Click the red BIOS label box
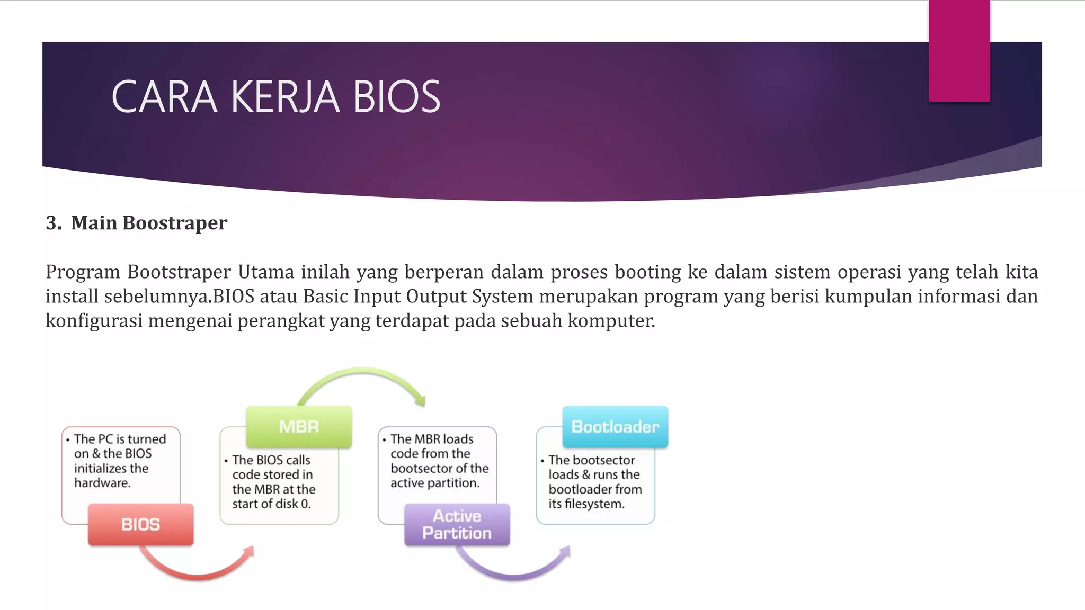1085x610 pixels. pyautogui.click(x=140, y=524)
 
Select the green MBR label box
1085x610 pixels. pyautogui.click(x=299, y=427)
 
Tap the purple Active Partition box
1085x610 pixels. pyautogui.click(x=457, y=524)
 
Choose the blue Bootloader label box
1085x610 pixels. pyautogui.click(x=615, y=427)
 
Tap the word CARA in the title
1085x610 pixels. pyautogui.click(x=164, y=97)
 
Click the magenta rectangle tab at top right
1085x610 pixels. pyautogui.click(x=959, y=50)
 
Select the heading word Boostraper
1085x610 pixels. pyautogui.click(x=175, y=223)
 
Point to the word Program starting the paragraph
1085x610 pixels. pyautogui.click(x=83, y=272)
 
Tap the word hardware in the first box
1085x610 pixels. pyautogui.click(x=102, y=483)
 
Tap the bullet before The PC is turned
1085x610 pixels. pyautogui.click(x=68, y=439)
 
